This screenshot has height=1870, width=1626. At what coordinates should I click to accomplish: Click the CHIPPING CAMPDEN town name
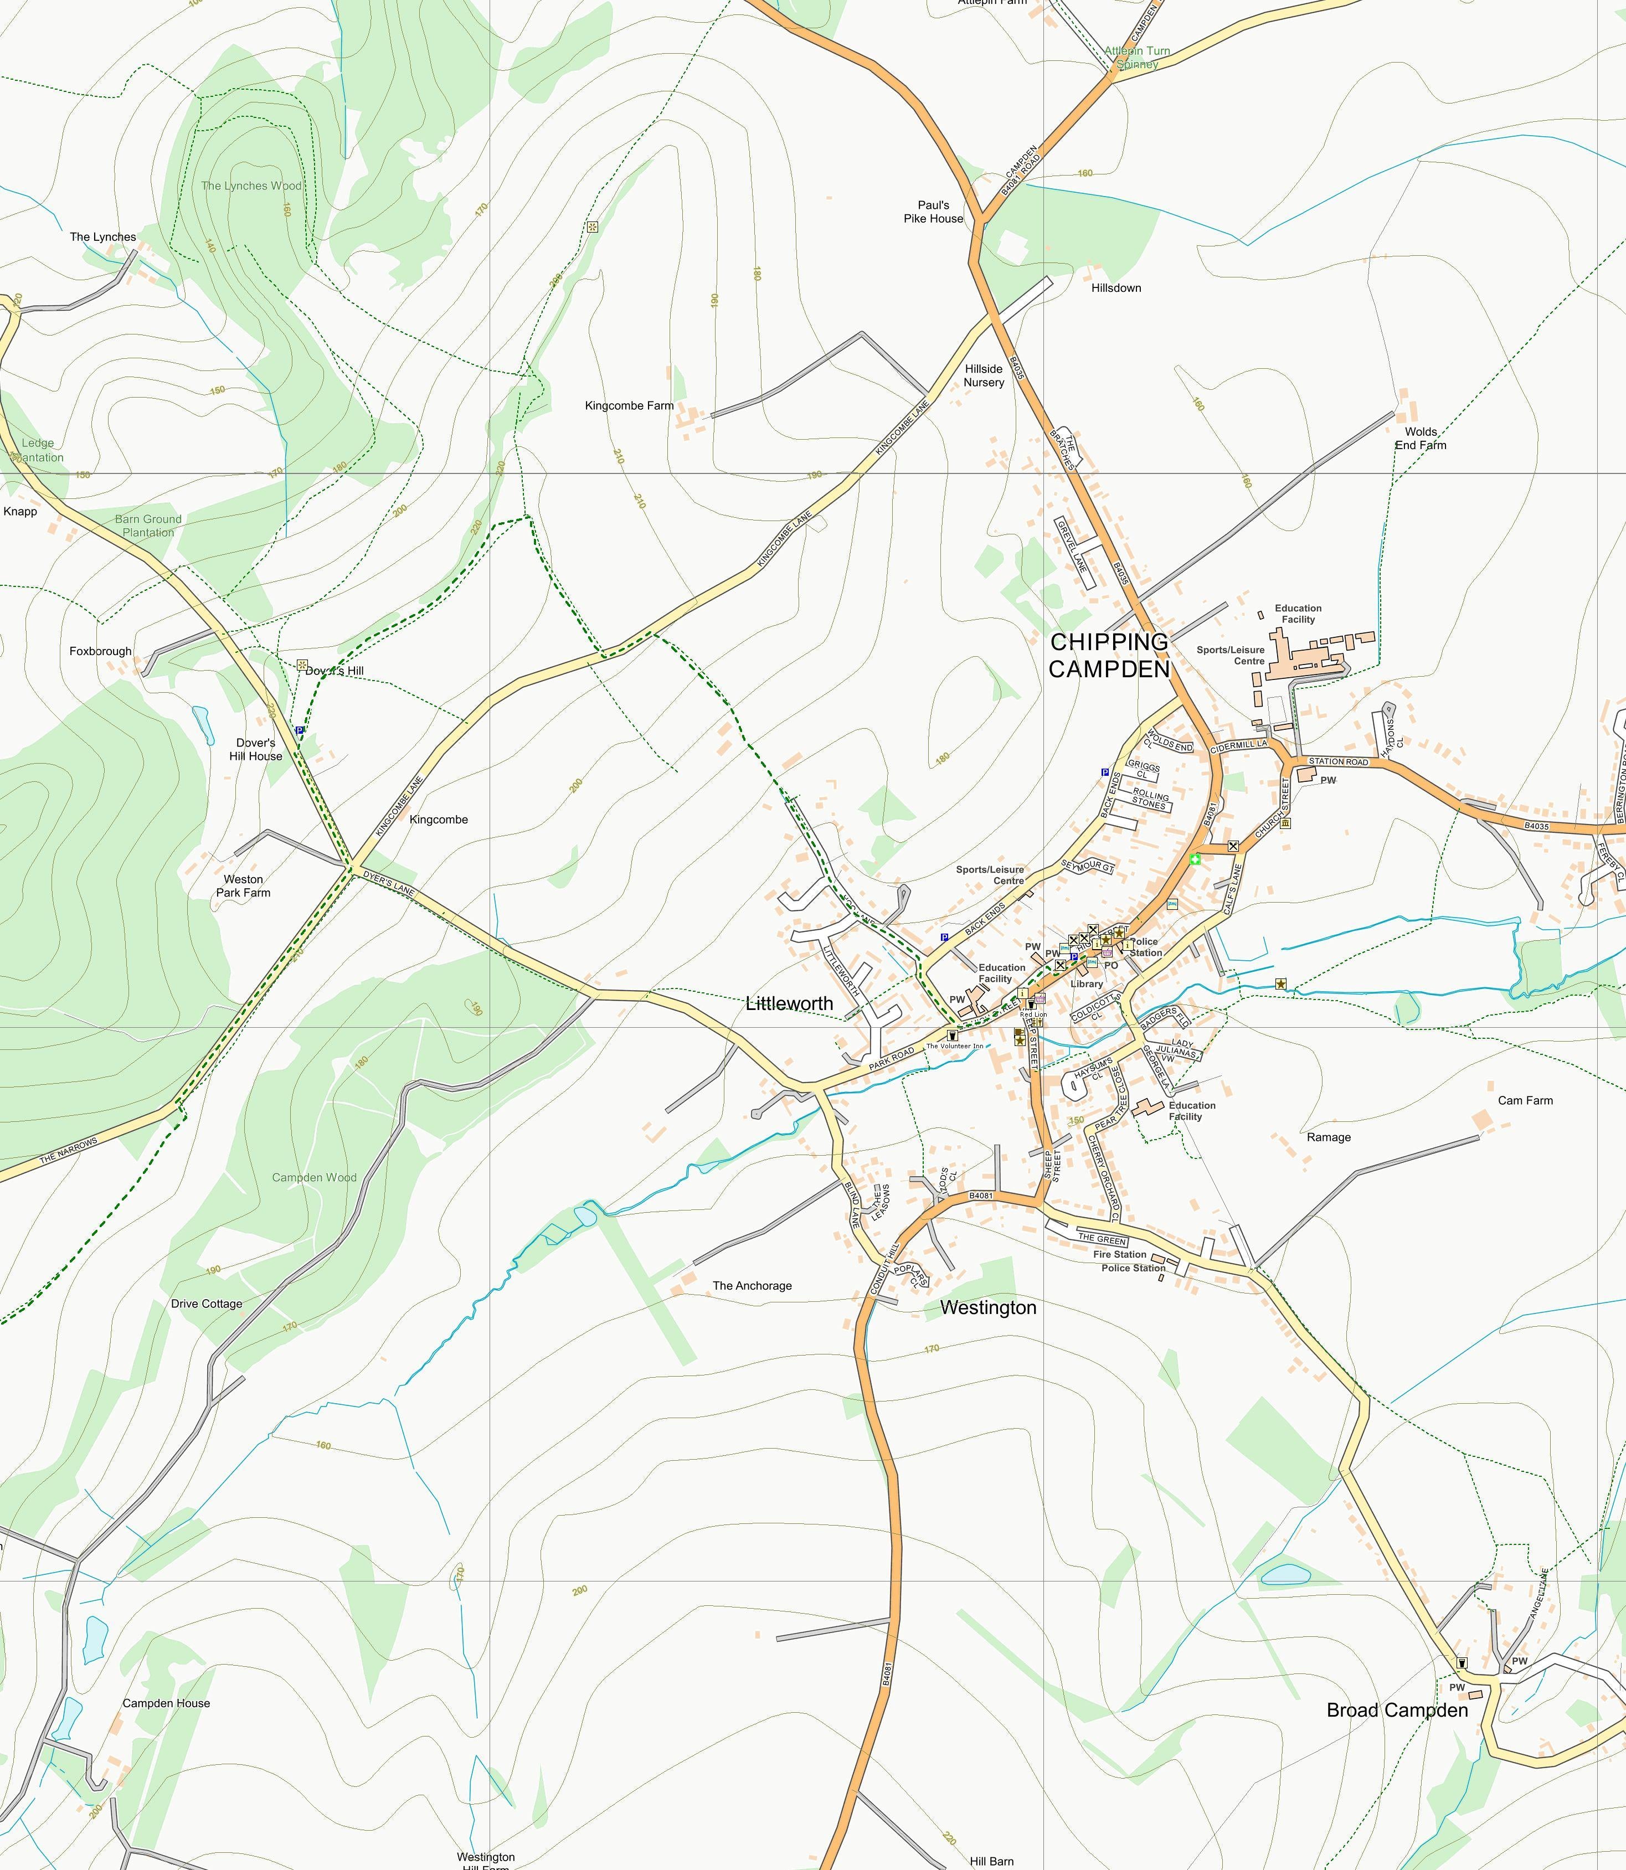point(1109,655)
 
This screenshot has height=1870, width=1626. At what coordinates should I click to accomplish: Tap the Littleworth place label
point(789,1003)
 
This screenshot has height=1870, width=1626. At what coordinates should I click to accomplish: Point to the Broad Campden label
point(1396,1711)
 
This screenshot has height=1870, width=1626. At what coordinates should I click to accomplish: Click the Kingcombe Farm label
point(629,405)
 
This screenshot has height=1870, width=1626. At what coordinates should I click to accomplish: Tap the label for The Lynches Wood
point(251,186)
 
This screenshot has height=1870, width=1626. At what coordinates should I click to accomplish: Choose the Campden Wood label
point(314,1178)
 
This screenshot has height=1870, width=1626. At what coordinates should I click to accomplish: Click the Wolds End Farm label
point(1420,438)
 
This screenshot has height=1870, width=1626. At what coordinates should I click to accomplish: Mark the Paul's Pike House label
point(933,212)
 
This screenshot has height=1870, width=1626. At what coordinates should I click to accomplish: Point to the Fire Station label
point(1119,1254)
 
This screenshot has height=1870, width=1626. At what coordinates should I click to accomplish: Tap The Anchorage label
point(752,1286)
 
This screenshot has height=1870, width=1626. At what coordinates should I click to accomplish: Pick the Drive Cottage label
point(207,1304)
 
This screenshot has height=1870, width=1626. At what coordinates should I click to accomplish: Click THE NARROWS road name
point(68,1151)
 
